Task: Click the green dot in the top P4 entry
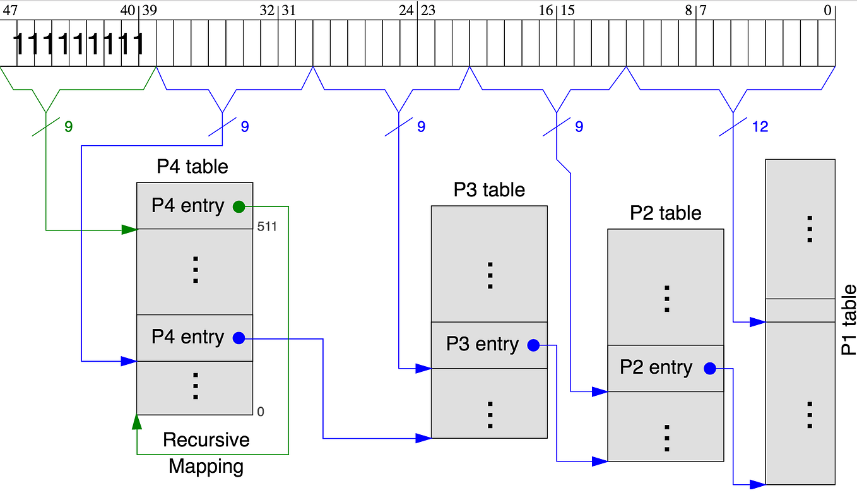[239, 206]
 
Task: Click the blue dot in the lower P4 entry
[239, 338]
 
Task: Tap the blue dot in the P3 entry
[533, 345]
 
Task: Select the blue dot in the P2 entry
[709, 368]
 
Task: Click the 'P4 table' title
[192, 167]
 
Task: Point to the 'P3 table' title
[489, 189]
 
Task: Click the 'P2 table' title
[665, 213]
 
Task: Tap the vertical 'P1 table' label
[849, 319]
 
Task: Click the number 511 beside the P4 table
[267, 227]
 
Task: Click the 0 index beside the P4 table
[261, 412]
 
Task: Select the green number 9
[68, 127]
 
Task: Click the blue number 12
[760, 127]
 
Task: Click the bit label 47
[10, 10]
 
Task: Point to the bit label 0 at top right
[827, 10]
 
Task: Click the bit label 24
[406, 10]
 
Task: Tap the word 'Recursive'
[206, 440]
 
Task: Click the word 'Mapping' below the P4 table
[206, 467]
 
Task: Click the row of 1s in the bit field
[78, 44]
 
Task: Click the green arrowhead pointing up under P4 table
[137, 422]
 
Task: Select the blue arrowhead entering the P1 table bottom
[757, 484]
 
